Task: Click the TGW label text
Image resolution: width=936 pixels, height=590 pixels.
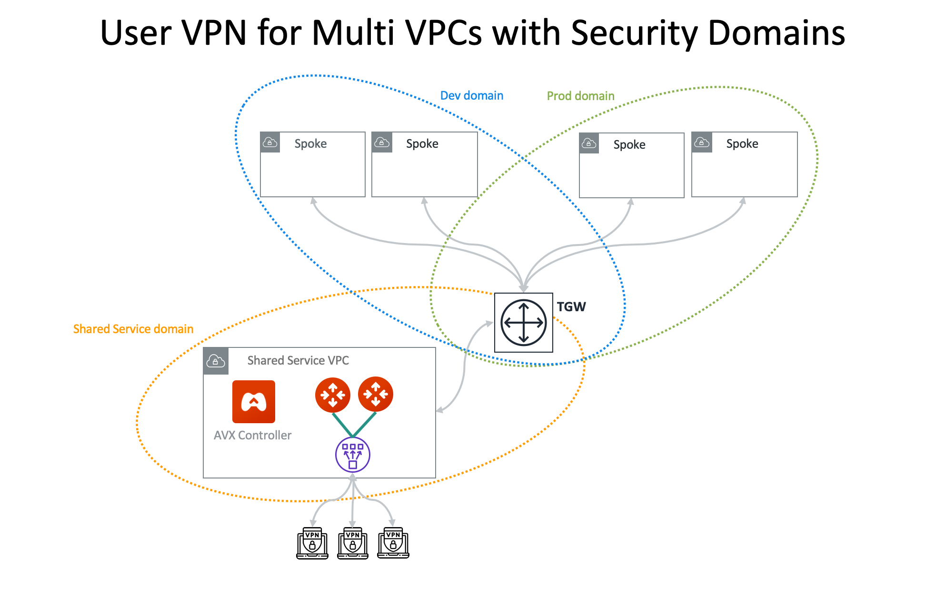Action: point(571,307)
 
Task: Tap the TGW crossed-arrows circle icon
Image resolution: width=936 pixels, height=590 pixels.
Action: point(523,323)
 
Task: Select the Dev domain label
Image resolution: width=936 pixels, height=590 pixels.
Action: point(471,96)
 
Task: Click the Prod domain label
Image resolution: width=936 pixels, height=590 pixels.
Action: point(580,96)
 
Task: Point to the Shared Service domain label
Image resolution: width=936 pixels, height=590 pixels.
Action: point(133,329)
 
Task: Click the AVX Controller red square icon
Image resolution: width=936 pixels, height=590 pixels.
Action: point(253,402)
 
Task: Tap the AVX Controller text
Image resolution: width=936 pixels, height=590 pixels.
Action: point(252,436)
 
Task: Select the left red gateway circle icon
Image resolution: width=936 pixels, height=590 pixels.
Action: point(332,395)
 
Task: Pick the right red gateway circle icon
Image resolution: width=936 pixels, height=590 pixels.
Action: point(376,394)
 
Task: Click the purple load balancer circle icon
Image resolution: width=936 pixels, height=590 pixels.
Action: point(352,455)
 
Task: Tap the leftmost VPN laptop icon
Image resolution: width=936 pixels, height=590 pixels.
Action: point(312,543)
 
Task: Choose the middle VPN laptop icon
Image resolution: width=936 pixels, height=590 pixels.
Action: point(352,543)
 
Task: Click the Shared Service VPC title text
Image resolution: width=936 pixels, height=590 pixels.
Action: point(298,361)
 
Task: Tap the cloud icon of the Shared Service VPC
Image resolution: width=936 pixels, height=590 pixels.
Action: point(216,361)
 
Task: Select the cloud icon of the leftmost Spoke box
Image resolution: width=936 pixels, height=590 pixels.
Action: point(270,142)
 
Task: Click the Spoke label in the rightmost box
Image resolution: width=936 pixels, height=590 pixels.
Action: point(742,144)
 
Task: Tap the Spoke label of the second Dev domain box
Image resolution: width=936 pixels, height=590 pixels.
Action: point(422,144)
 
